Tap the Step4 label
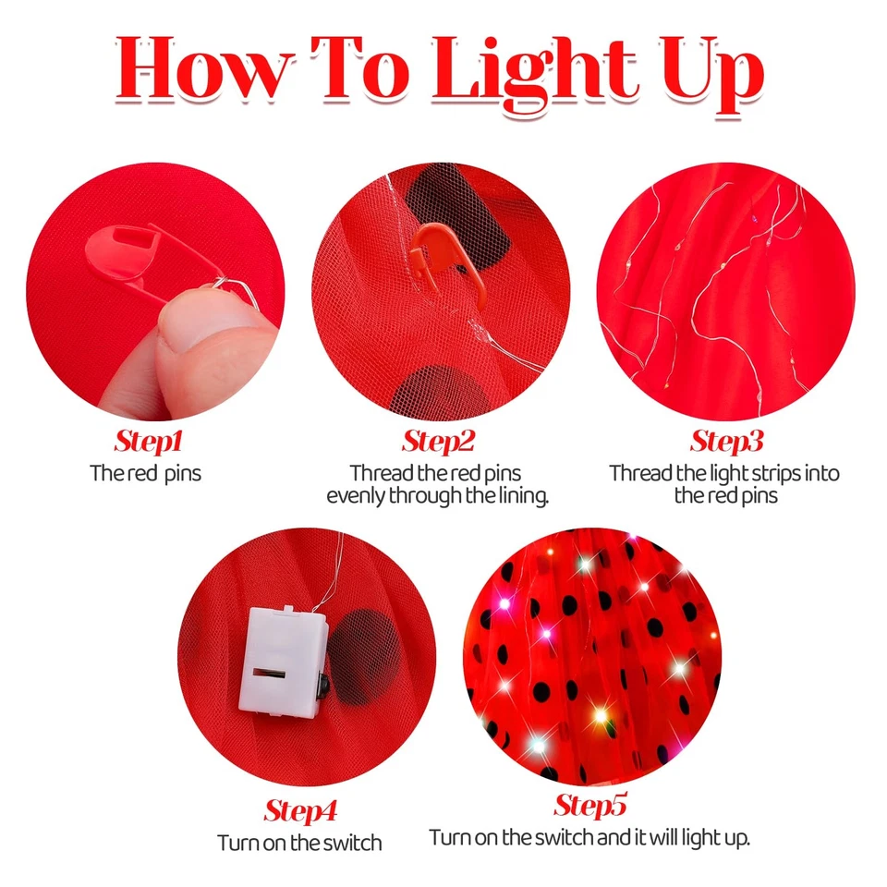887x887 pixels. pyautogui.click(x=300, y=811)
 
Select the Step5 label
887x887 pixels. pyautogui.click(x=590, y=806)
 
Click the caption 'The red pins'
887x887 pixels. pyautogui.click(x=145, y=473)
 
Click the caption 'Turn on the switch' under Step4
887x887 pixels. pyautogui.click(x=300, y=843)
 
